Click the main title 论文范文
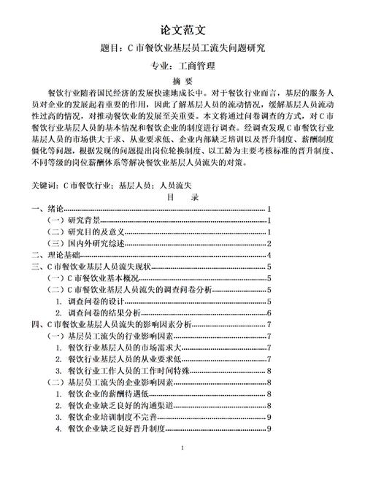pyautogui.click(x=182, y=30)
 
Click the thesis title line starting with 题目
pyautogui.click(x=182, y=49)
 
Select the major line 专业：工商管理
pyautogui.click(x=182, y=67)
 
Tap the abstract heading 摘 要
pyautogui.click(x=182, y=81)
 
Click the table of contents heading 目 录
pyautogui.click(x=182, y=198)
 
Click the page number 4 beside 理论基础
pyautogui.click(x=270, y=256)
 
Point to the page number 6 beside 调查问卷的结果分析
pyautogui.click(x=270, y=313)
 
